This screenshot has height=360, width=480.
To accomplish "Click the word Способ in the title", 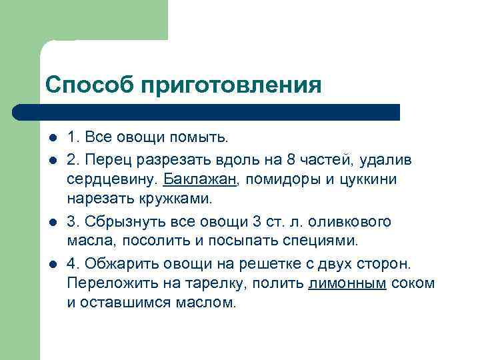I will pos(87,85).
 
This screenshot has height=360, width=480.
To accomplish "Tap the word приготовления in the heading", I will pos(231,85).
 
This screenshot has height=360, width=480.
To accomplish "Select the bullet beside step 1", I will pos(52,139).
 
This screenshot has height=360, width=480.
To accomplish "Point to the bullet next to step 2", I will pos(52,159).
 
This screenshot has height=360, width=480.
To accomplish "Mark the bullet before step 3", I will pos(52,221).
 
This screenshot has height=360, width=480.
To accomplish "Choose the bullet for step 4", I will pos(52,263).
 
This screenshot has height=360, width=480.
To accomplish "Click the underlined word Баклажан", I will pos(197,180).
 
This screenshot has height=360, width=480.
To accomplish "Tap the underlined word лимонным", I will pos(347,283).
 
